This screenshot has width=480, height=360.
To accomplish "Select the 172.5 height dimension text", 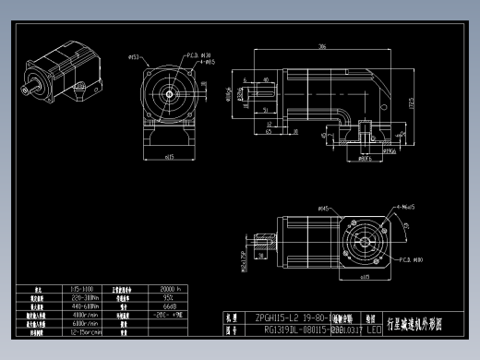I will [x=412, y=100].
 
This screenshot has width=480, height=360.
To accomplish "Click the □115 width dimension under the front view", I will [x=169, y=157].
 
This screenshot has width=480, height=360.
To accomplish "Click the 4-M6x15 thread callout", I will [x=402, y=207].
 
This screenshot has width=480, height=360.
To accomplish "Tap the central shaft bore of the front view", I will [x=170, y=92].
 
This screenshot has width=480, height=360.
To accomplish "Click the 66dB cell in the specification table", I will [x=171, y=305].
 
